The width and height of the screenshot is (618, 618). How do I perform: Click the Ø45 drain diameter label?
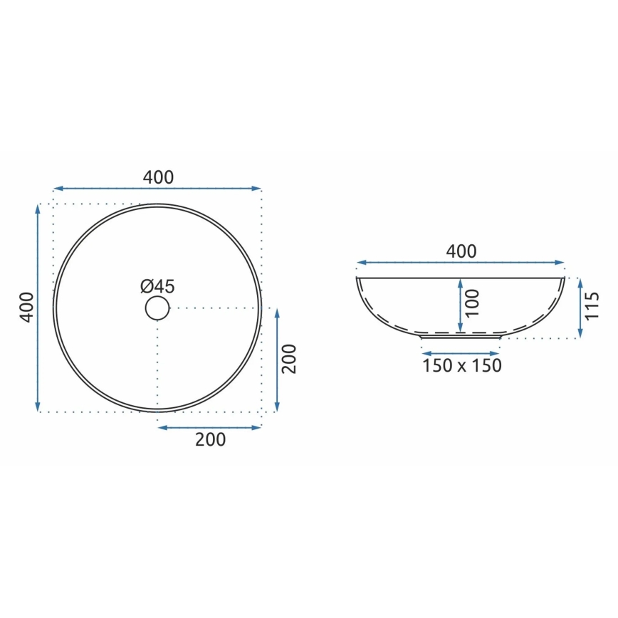(157, 286)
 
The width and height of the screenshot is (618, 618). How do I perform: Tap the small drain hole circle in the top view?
(157, 308)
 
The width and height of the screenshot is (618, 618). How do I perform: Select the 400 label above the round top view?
(158, 177)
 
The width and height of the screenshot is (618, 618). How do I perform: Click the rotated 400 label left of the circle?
(26, 308)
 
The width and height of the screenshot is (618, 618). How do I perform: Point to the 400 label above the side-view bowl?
(461, 251)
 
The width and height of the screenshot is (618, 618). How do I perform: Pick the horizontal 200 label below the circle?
(210, 440)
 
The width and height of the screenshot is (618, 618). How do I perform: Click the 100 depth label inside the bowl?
(472, 303)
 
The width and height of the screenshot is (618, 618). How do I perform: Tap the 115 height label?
(593, 307)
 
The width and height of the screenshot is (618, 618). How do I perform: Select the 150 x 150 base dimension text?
(461, 366)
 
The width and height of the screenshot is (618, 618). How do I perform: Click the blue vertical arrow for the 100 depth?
(461, 305)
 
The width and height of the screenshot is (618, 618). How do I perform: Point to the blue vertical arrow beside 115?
(581, 308)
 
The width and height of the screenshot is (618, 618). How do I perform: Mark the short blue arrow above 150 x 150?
(461, 352)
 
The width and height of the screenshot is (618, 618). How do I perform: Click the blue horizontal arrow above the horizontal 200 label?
(209, 427)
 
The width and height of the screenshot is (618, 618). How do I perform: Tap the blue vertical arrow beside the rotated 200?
(276, 360)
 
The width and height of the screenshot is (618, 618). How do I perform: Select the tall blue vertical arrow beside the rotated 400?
(38, 308)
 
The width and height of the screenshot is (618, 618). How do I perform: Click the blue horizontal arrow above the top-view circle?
(157, 189)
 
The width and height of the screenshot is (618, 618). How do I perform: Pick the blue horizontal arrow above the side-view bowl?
(461, 263)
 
